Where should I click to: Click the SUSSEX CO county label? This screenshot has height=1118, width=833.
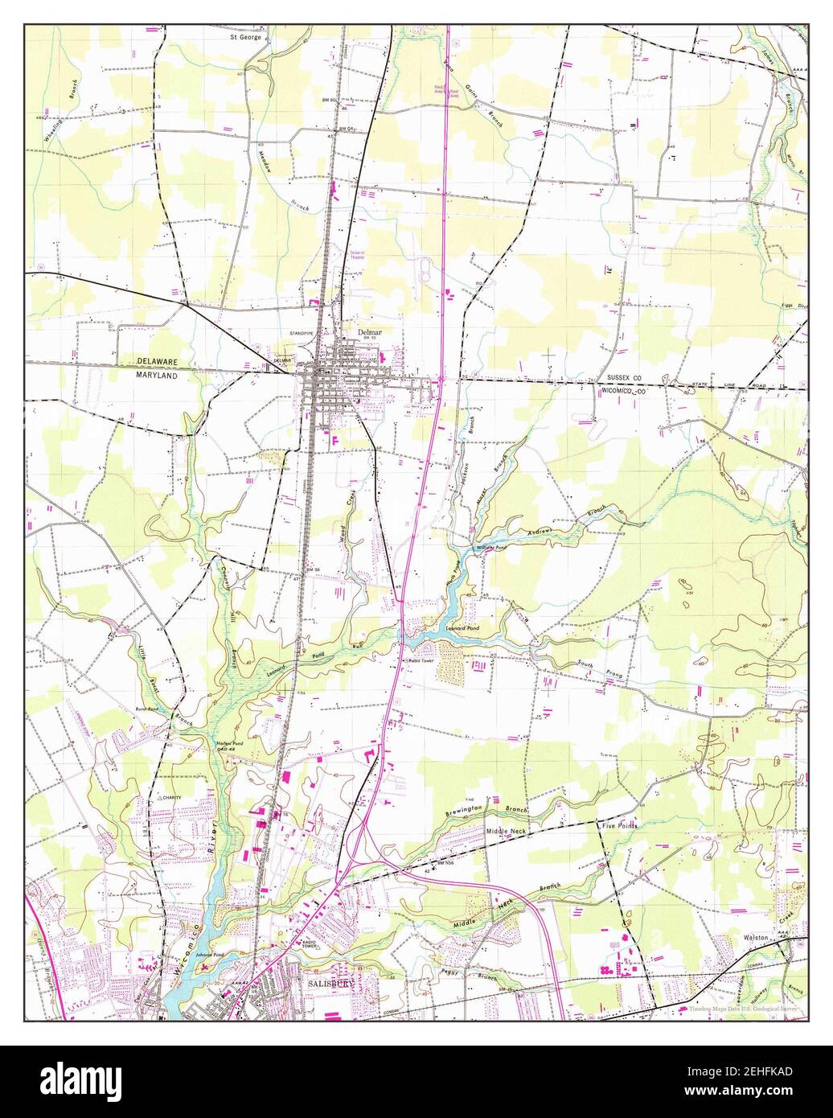click(625, 377)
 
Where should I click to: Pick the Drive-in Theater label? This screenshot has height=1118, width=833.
click(358, 253)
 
